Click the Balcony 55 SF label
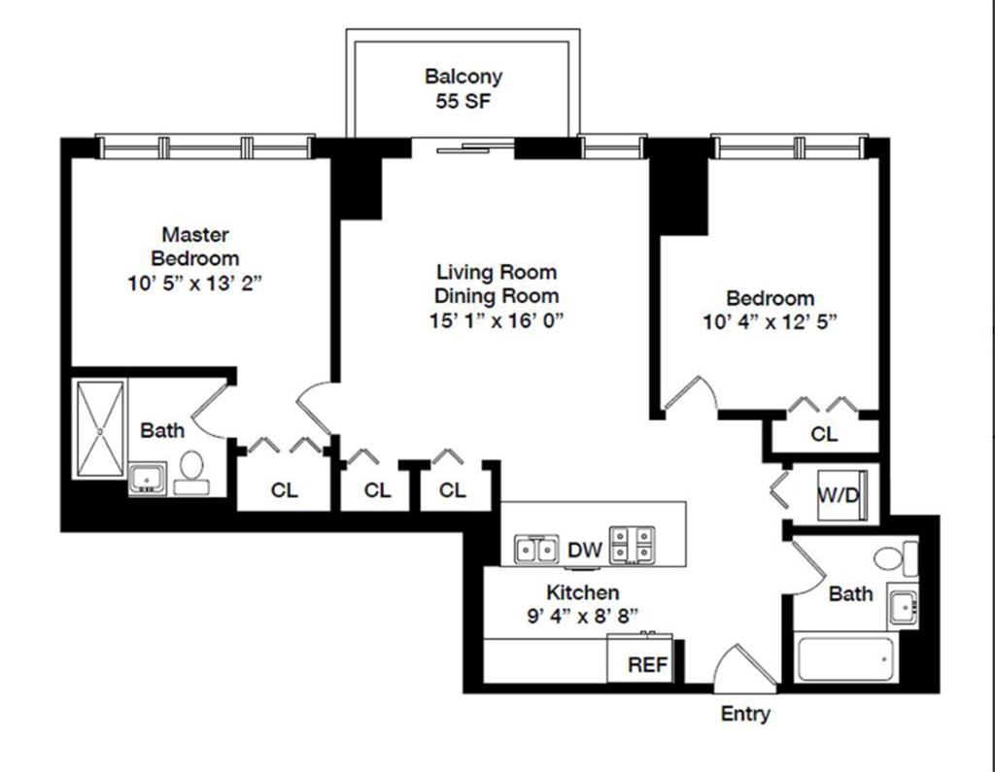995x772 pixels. (463, 87)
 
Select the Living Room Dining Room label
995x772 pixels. (497, 284)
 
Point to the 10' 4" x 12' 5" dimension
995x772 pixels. (771, 322)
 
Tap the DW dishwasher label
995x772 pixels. (585, 551)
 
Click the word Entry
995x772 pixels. (745, 715)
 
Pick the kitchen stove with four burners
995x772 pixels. (632, 546)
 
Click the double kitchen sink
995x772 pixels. (536, 550)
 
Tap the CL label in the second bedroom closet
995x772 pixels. (824, 434)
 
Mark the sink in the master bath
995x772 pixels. (147, 479)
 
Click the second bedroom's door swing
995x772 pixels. (692, 393)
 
